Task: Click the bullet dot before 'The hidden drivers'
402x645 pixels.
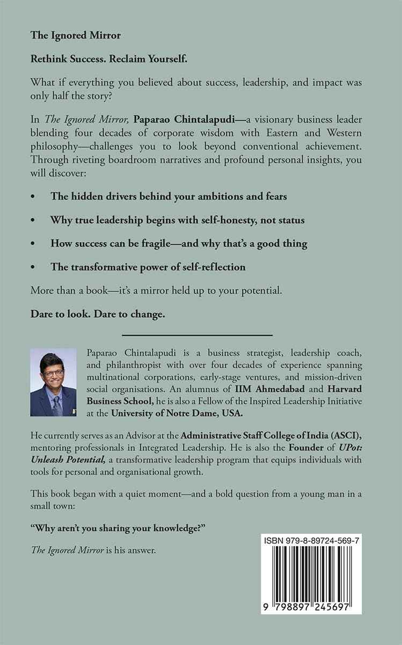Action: (x=34, y=197)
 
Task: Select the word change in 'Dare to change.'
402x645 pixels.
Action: (x=144, y=314)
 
